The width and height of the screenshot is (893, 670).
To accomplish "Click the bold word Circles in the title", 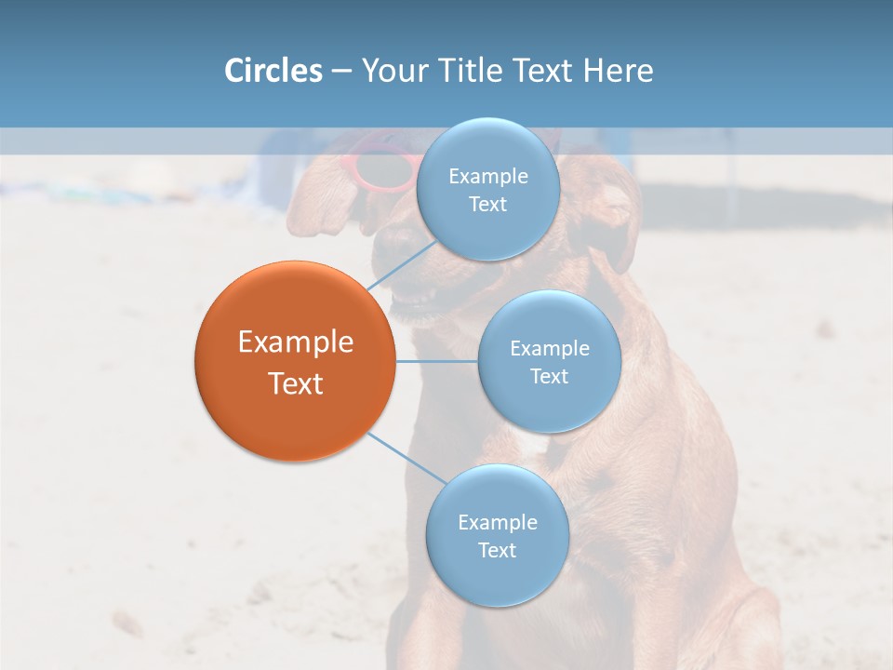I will (x=273, y=71).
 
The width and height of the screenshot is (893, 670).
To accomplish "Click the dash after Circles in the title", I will (x=340, y=72).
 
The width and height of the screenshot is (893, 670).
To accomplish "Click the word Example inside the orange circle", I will (x=295, y=342).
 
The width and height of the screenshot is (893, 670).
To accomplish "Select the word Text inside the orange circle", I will (x=295, y=383).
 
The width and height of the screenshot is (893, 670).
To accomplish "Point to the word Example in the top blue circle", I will (x=487, y=177).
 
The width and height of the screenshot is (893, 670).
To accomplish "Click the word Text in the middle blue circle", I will (x=549, y=377).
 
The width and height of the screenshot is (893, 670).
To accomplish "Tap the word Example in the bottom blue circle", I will (x=497, y=523).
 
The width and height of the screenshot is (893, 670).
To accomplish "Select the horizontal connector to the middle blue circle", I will (x=436, y=361).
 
